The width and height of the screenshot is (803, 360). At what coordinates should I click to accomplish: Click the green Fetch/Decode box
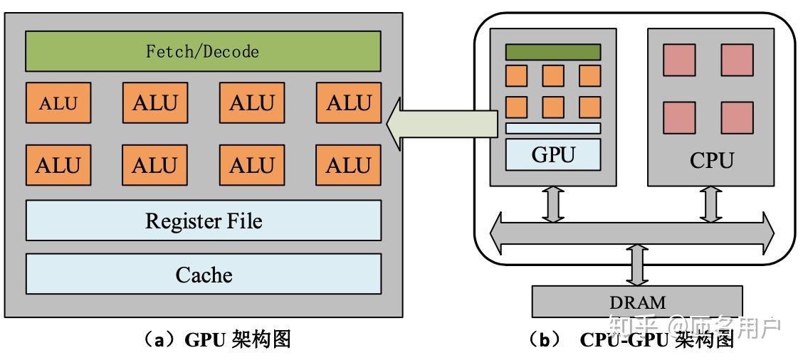tap(203, 51)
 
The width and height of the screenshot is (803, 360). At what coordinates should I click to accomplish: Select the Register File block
tap(203, 221)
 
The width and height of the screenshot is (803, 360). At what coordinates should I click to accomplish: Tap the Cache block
tap(203, 274)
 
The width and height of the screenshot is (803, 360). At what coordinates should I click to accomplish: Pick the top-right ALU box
tap(348, 103)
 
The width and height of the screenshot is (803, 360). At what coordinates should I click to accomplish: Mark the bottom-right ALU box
tap(348, 165)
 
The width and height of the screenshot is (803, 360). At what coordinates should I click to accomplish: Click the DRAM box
tap(637, 301)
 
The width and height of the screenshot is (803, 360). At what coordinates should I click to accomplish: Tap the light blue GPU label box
tap(553, 155)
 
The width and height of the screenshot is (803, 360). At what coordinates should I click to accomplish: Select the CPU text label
tap(710, 160)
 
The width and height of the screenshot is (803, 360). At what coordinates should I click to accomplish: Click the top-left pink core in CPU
tap(679, 60)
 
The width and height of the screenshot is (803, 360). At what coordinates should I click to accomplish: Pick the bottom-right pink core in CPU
tap(737, 117)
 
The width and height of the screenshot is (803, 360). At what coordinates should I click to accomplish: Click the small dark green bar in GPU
tap(553, 52)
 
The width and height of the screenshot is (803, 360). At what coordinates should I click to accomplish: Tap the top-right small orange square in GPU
tap(589, 75)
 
